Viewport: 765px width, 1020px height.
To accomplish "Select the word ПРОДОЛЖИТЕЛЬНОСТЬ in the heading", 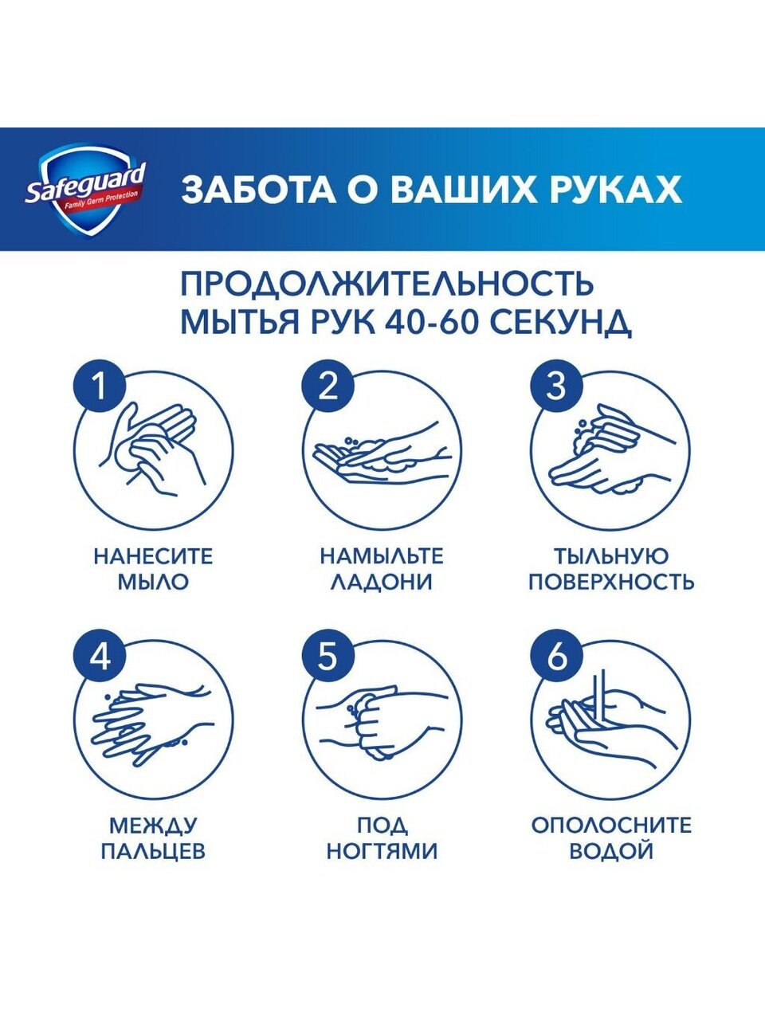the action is (x=387, y=284).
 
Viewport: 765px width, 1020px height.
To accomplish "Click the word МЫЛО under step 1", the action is (x=153, y=583).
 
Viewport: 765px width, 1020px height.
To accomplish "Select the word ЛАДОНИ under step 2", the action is (x=382, y=583).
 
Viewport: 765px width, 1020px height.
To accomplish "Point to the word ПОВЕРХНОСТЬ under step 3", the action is (x=611, y=583).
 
